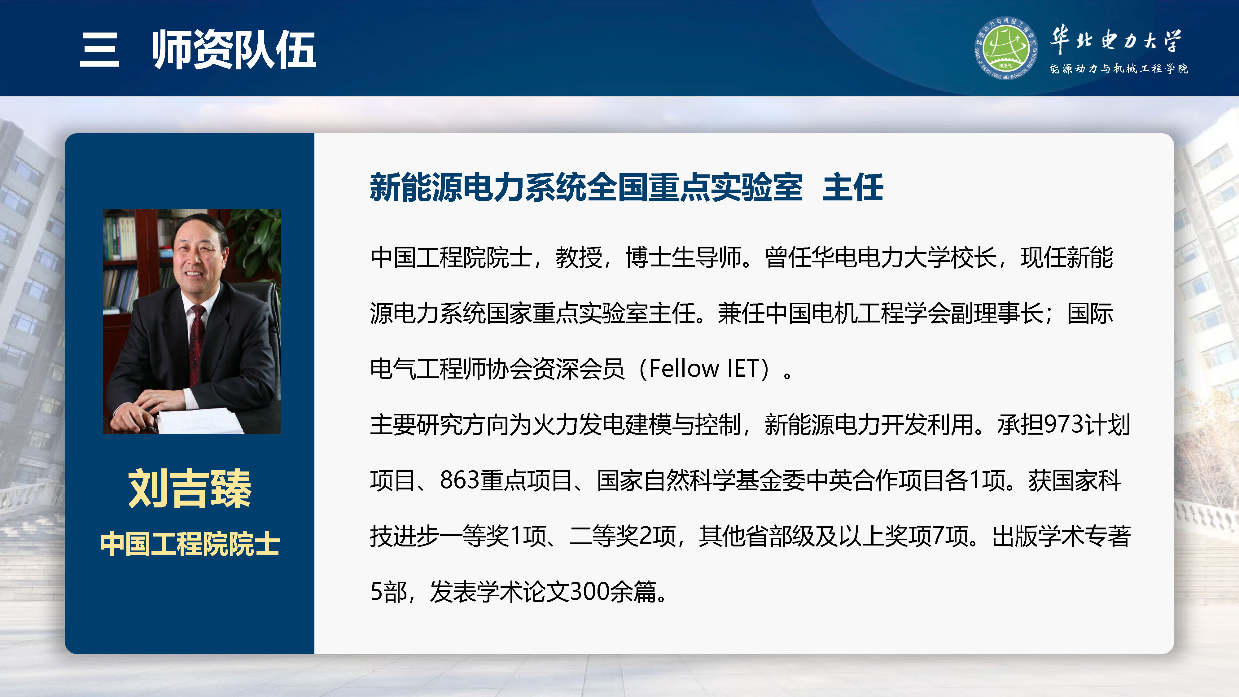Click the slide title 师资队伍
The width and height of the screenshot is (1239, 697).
(234, 50)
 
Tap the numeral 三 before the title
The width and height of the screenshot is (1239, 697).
(99, 50)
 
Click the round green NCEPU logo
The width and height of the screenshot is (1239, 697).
(1005, 48)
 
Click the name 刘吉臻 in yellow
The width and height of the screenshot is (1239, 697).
(190, 488)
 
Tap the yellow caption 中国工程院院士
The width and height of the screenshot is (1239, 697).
(190, 544)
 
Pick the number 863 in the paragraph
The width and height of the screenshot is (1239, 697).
(459, 480)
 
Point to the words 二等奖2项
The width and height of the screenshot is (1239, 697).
(623, 536)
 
